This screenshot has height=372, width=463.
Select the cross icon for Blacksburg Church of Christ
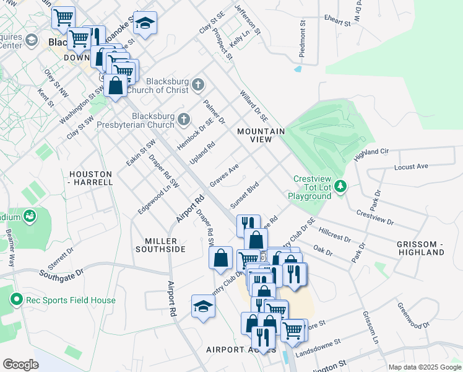pos(197,84)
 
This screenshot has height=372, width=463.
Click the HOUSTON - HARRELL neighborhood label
pos(91,178)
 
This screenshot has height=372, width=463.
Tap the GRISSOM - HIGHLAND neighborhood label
pos(422,248)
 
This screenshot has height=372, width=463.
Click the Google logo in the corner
pos(20,364)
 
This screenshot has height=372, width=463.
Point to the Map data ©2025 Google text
pos(425,367)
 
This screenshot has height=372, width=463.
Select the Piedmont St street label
pos(303,42)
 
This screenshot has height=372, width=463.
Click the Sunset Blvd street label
pos(244,195)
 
